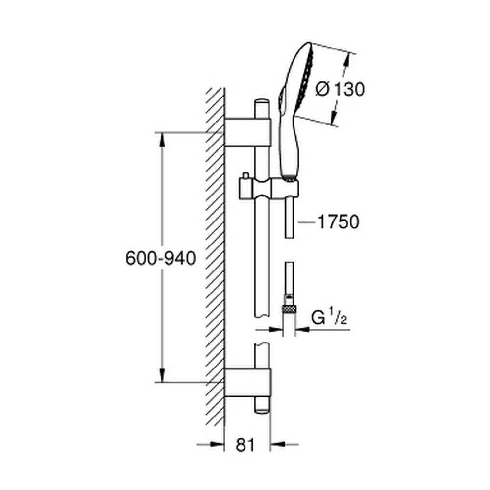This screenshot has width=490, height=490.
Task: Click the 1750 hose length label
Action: [x=338, y=222]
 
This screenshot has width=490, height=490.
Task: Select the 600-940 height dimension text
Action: [x=161, y=258]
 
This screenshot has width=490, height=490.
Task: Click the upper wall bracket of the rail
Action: [x=247, y=131]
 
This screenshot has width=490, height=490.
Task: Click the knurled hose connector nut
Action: [x=289, y=308]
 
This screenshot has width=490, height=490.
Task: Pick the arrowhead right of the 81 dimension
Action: [x=278, y=445]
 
